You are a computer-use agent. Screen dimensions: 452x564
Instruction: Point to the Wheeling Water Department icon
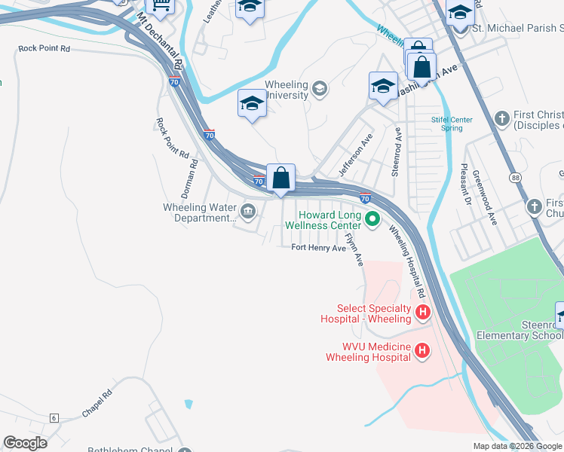coord(248,209)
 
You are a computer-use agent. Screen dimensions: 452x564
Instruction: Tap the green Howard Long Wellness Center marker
coord(372,219)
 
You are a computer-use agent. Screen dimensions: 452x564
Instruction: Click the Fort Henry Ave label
coord(320,248)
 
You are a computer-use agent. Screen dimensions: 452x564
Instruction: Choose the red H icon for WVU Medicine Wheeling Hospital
coord(422,350)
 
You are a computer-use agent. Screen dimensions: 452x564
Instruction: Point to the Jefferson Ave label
coord(356,156)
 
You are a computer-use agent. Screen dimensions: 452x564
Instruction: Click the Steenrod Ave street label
coord(396,151)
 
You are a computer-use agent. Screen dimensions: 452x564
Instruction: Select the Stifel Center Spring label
coord(452,124)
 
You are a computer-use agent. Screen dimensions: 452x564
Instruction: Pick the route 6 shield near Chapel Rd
coord(54,417)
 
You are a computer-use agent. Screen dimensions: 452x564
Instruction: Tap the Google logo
coord(25,443)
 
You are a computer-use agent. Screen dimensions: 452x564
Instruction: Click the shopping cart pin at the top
coord(160,5)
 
